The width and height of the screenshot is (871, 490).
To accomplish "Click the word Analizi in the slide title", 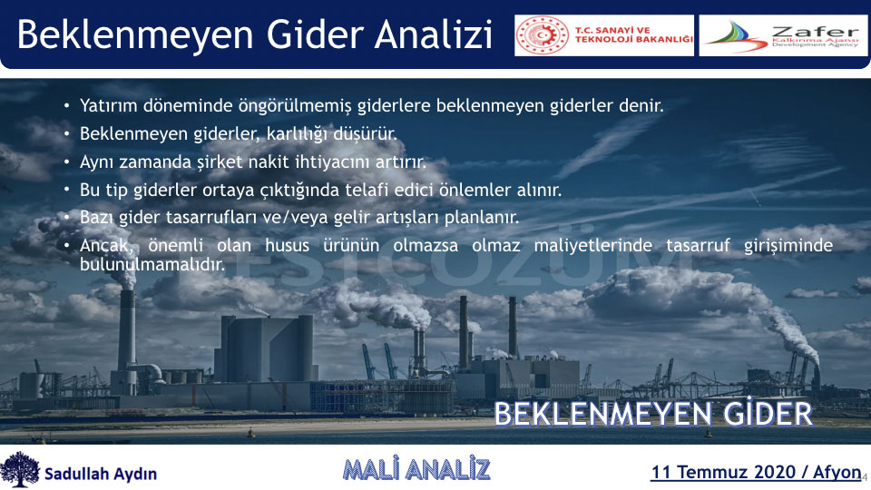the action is tap(434, 34).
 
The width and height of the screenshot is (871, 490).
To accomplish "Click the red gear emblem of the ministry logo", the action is tap(543, 35).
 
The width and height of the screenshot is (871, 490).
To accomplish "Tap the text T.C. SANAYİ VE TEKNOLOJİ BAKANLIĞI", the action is tap(634, 34).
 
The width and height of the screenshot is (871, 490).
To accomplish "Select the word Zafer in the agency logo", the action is tap(816, 32).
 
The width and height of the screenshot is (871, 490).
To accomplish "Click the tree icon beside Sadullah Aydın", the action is tap(20, 469).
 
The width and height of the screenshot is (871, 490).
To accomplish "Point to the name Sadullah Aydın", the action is tap(101, 474).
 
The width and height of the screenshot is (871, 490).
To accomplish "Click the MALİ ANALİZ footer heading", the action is tap(416, 469).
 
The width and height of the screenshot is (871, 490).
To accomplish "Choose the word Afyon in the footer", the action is tap(837, 473).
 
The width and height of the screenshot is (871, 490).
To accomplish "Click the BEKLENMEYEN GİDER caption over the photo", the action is tap(653, 414).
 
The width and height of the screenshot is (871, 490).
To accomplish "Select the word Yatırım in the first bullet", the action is tap(108, 105).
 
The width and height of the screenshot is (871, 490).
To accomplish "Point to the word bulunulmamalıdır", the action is tap(152, 264).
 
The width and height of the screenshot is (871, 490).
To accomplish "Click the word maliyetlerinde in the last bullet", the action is tap(593, 245).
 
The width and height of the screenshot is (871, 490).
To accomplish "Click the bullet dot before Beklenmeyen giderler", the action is tap(66, 133).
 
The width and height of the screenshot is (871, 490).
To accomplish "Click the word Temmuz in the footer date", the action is tap(708, 472).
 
